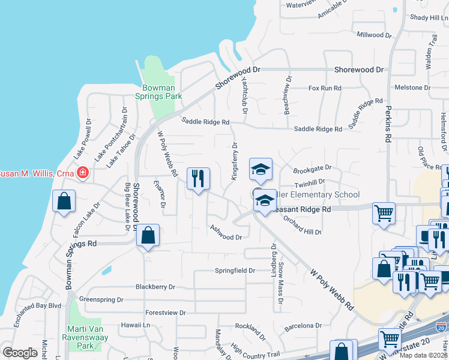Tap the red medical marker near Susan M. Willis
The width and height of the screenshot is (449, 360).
[82, 173]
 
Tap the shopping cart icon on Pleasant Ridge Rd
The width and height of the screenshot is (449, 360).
[384, 212]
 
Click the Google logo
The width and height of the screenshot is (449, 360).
[20, 353]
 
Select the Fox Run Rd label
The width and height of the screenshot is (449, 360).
[325, 88]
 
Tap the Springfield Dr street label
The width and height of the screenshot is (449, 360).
[235, 271]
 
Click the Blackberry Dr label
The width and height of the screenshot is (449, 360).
[155, 287]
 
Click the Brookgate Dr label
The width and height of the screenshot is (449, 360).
[312, 169]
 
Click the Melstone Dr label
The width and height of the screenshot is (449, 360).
[413, 88]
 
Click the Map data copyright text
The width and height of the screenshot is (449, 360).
[424, 355]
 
